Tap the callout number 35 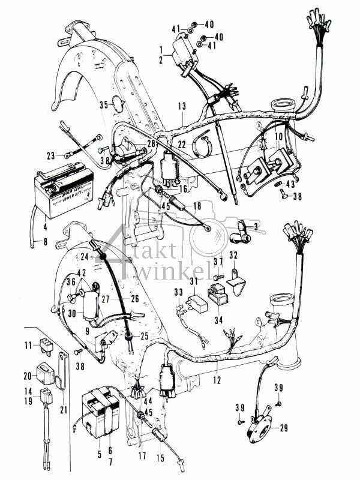pos(103,104)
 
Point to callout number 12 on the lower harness pos(217,380)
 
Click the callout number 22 pos(182,145)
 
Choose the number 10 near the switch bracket pos(278,137)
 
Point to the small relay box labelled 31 pos(199,302)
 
